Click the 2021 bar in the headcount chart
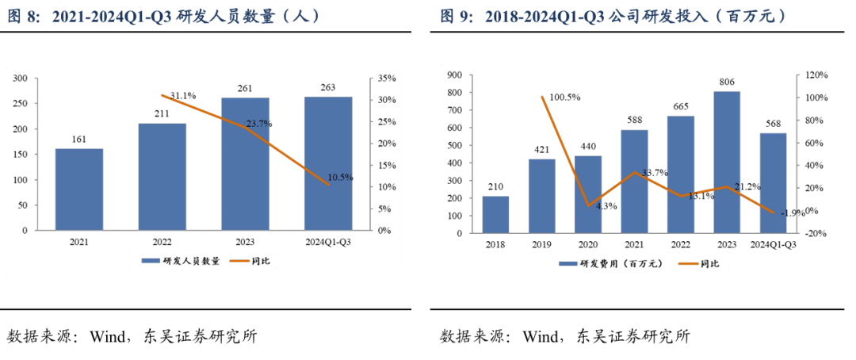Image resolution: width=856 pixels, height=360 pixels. pyautogui.click(x=79, y=189)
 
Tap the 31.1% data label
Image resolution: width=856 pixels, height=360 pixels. pyautogui.click(x=182, y=95)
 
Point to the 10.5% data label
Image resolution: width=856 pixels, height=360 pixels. pyautogui.click(x=339, y=177)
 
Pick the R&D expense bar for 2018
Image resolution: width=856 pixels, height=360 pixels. pyautogui.click(x=495, y=214)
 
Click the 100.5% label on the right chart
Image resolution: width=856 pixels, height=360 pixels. pyautogui.click(x=565, y=97)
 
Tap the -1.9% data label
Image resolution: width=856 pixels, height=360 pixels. pyautogui.click(x=791, y=213)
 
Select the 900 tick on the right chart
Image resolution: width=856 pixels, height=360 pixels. pyautogui.click(x=455, y=75)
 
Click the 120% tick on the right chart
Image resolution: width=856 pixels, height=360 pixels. pyautogui.click(x=816, y=75)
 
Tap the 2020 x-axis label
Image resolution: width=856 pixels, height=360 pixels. pyautogui.click(x=588, y=245)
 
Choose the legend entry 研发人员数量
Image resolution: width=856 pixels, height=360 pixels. pyautogui.click(x=186, y=260)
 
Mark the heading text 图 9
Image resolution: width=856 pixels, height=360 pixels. pyautogui.click(x=457, y=15)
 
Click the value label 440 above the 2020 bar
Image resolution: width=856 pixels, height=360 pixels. pyautogui.click(x=588, y=147)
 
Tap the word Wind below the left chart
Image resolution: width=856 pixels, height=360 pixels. pyautogui.click(x=107, y=336)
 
